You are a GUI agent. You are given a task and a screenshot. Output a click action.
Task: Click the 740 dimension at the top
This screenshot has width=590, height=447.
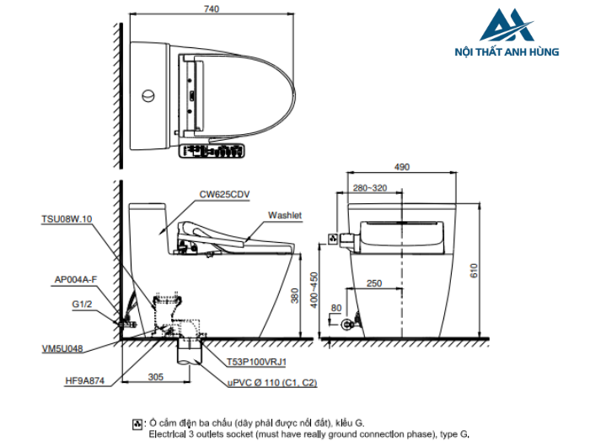point(212,9)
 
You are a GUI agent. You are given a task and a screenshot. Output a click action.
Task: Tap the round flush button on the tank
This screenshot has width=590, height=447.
point(148,95)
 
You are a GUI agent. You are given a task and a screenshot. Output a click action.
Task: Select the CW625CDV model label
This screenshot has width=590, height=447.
point(224,195)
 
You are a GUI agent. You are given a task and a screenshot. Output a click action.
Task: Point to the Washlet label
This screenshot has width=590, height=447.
point(285,215)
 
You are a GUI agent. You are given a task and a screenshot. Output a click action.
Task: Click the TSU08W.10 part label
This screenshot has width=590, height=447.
point(67,219)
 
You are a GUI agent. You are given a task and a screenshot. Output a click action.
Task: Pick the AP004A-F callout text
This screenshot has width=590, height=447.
point(76,280)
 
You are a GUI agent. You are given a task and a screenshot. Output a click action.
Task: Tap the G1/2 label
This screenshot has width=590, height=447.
point(82,304)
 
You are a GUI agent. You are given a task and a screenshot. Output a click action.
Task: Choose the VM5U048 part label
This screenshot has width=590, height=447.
point(62,348)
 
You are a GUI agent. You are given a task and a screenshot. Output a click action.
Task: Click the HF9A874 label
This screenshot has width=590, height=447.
point(84,380)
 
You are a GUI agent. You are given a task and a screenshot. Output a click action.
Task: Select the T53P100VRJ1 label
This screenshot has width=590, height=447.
point(256,362)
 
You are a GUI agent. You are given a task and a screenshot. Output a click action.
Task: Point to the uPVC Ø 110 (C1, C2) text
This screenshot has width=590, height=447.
point(272,383)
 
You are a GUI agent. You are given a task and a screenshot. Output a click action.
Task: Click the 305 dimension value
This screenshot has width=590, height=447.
point(155,377)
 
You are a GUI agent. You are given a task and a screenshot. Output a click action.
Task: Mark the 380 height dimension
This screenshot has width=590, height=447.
point(295,296)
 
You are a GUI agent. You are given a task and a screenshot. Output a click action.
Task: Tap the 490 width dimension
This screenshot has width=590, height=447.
point(402,167)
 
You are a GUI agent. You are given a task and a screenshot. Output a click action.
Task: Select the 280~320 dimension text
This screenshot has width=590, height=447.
point(370,188)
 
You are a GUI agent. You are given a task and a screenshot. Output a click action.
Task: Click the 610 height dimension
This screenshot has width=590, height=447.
point(474,271)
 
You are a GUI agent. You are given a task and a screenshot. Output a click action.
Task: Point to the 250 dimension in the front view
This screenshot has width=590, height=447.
point(374,283)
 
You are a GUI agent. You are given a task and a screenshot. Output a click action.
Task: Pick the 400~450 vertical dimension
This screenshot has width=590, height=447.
point(314,290)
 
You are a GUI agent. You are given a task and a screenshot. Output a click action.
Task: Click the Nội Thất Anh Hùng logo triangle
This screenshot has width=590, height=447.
point(507,24)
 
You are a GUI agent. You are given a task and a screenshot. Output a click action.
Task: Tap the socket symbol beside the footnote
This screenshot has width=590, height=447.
point(137,424)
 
